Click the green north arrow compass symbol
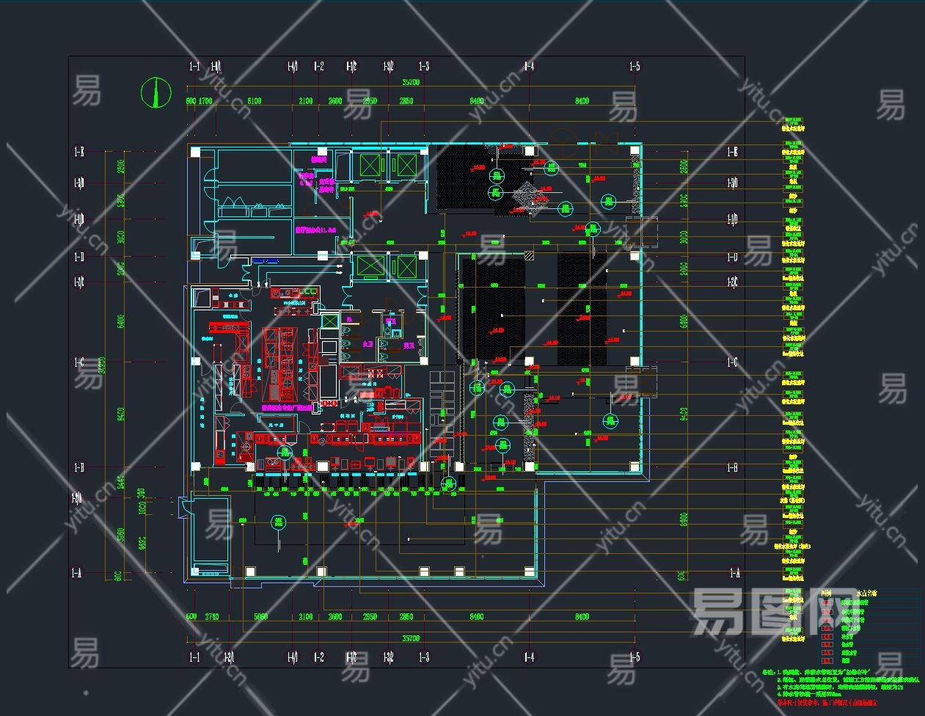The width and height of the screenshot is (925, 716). click(x=156, y=92)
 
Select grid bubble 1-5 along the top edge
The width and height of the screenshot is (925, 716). click(x=635, y=67)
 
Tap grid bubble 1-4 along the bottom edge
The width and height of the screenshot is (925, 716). click(x=528, y=657)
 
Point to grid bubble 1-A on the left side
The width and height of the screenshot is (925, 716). click(x=77, y=573)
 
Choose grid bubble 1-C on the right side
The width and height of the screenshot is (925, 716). click(x=732, y=362)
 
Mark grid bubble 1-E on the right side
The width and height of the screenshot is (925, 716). click(x=732, y=152)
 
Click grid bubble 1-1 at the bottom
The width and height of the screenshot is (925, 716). click(x=194, y=657)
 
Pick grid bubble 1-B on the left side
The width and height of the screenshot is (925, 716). click(x=77, y=467)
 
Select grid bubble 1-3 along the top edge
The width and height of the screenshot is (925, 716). click(x=424, y=67)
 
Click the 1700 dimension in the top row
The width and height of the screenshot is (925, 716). click(x=205, y=101)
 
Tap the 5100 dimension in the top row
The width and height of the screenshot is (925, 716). click(x=254, y=101)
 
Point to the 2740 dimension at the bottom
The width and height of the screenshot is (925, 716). click(x=212, y=617)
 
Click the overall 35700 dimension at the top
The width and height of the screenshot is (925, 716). click(x=410, y=83)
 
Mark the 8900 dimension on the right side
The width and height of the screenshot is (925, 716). click(x=683, y=520)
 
